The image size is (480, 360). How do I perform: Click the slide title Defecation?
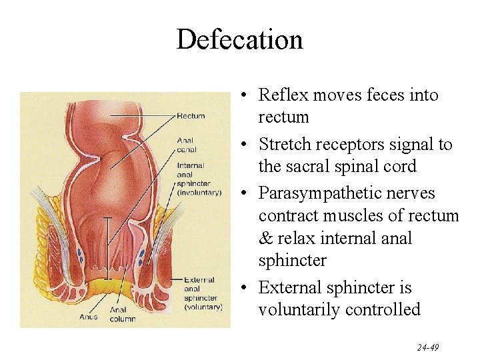point(239,40)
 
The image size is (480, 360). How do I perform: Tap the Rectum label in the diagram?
point(191,116)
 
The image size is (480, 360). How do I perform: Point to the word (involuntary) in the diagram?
point(199,192)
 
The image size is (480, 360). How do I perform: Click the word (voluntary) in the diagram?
point(203,307)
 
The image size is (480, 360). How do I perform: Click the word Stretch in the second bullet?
point(284,145)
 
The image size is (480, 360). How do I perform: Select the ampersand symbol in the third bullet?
point(265,239)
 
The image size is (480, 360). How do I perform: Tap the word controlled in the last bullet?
point(387,310)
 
